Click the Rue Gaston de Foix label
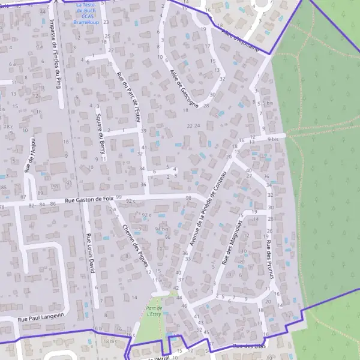89,200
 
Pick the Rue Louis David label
91,253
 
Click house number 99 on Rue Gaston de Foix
119,197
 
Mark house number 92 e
146,215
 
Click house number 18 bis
109,341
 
